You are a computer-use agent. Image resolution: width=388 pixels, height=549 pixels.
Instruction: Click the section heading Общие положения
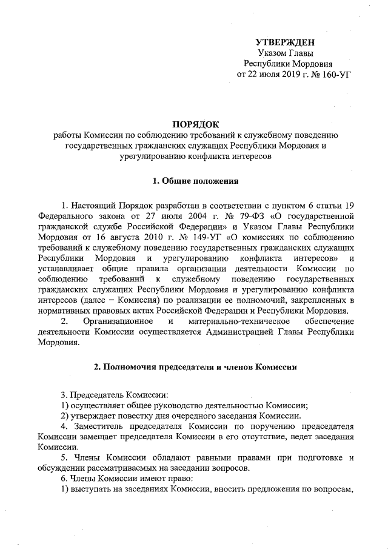(x=199, y=181)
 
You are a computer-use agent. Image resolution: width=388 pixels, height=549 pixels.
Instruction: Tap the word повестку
(x=136, y=417)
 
